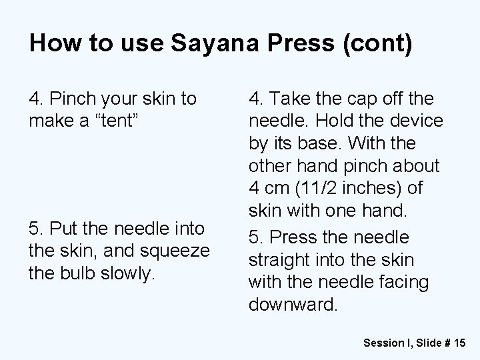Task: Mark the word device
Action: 415,122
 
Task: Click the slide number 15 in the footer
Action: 458,343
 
